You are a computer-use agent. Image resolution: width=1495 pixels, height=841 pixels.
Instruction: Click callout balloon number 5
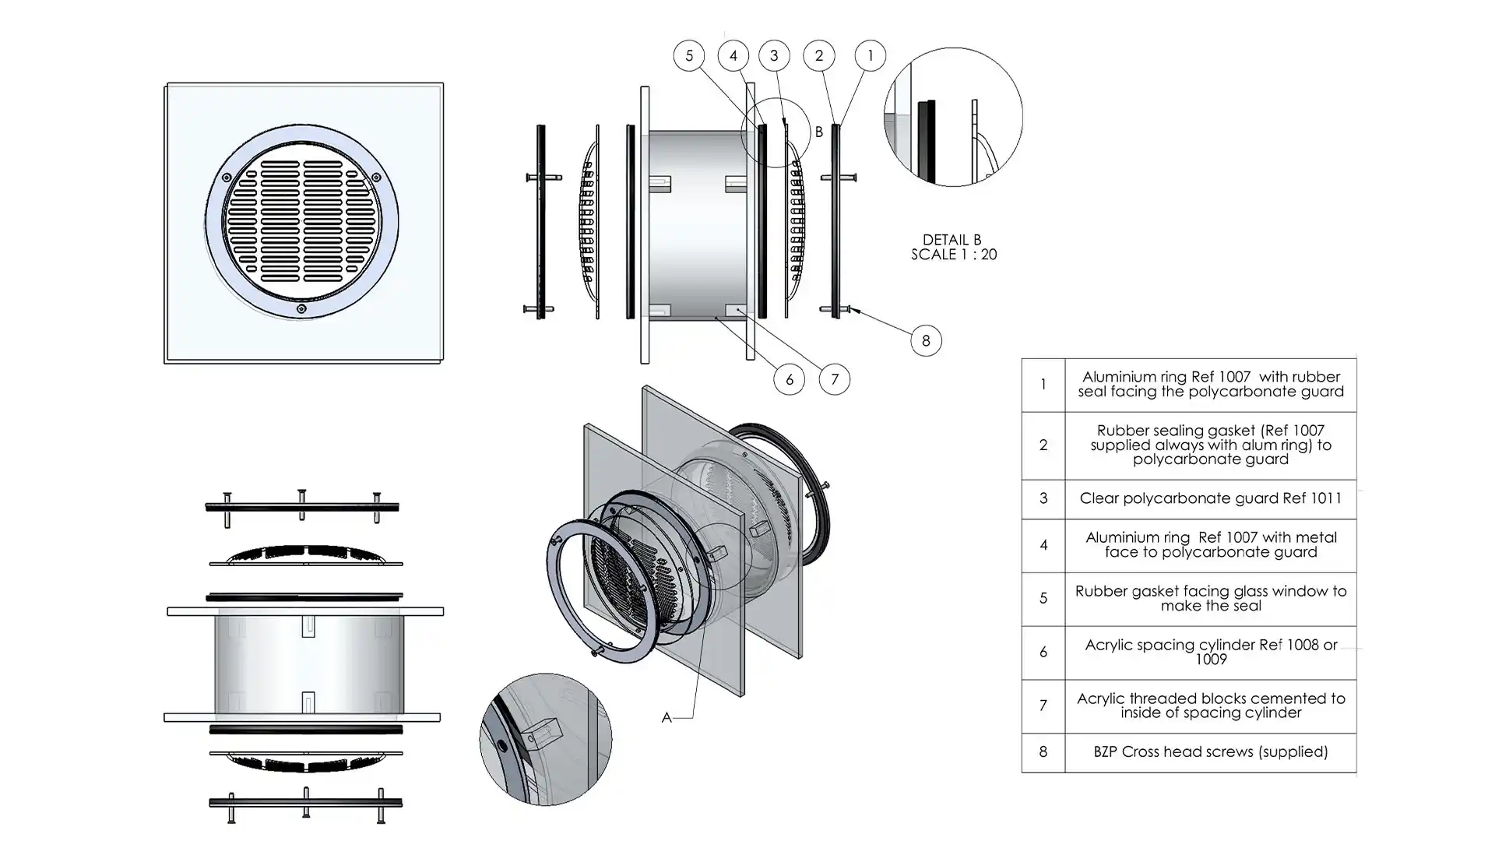(x=688, y=56)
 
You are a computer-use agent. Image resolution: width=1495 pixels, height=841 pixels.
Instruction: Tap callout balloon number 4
(x=733, y=56)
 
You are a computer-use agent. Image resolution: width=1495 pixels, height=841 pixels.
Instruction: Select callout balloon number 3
(x=774, y=56)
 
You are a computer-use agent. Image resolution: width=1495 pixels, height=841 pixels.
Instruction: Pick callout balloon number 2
(x=818, y=56)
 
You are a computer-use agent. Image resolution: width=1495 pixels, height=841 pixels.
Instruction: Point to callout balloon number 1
(x=870, y=56)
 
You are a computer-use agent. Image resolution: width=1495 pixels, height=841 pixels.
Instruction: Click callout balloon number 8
(x=925, y=340)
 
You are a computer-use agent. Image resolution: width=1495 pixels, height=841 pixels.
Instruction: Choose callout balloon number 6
(x=789, y=379)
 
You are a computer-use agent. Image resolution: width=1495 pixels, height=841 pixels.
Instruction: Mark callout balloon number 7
(x=834, y=379)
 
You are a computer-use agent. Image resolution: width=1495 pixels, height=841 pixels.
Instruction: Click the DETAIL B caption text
(x=952, y=240)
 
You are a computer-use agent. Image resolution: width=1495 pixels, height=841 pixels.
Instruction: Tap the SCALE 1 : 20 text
(x=954, y=255)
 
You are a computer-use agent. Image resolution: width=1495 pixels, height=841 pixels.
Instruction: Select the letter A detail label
(x=667, y=717)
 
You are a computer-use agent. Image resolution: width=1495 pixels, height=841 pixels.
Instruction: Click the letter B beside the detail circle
(x=818, y=132)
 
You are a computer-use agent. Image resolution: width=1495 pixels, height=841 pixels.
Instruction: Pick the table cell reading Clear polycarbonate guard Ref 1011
(x=1210, y=498)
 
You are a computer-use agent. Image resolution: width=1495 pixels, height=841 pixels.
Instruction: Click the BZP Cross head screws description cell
(x=1210, y=752)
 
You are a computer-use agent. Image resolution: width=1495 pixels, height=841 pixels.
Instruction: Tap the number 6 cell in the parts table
(x=1043, y=652)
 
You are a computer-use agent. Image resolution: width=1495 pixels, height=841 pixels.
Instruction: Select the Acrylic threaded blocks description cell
(x=1210, y=706)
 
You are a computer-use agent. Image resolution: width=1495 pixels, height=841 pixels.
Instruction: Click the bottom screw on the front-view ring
(x=301, y=309)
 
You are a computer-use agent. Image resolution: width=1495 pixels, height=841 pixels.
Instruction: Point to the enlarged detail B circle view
(x=953, y=118)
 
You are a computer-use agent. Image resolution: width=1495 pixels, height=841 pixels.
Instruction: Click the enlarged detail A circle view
(x=545, y=739)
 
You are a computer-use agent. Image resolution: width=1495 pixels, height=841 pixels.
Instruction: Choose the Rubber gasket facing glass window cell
(x=1210, y=598)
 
